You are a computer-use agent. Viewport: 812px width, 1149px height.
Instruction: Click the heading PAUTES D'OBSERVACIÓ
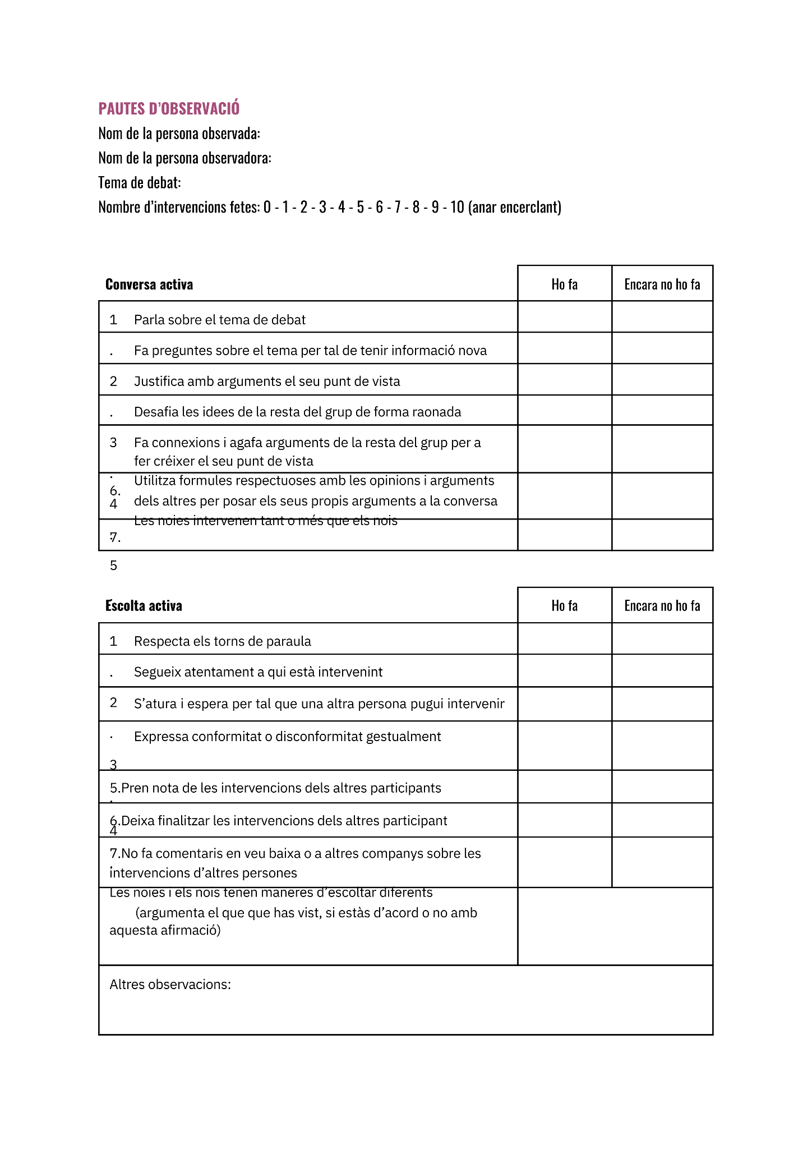(x=169, y=108)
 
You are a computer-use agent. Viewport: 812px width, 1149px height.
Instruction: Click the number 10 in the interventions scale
(x=457, y=207)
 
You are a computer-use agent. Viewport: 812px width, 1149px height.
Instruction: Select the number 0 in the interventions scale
(x=267, y=207)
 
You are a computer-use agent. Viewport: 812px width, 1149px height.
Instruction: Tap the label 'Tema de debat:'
(x=139, y=182)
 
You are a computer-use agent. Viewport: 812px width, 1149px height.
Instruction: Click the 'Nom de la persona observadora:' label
(x=184, y=158)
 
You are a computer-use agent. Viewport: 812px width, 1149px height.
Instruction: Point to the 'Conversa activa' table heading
(x=149, y=284)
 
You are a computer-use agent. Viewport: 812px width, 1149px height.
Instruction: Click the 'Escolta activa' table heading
(x=144, y=606)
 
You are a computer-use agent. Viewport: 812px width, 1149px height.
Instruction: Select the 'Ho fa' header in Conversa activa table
(x=564, y=284)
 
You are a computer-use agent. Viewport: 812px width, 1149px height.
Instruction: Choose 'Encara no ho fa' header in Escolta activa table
(x=662, y=606)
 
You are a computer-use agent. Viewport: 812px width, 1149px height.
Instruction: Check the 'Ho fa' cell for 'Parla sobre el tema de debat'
(x=564, y=317)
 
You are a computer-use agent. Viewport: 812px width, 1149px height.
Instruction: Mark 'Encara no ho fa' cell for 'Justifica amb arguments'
(x=662, y=380)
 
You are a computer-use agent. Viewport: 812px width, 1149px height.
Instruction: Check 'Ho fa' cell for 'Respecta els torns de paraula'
(x=564, y=639)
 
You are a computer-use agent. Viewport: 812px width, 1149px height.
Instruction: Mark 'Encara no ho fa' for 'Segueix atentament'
(x=662, y=671)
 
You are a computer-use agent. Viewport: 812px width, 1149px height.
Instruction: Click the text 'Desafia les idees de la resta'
(x=297, y=412)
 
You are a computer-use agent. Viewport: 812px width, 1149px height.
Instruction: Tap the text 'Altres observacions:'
(x=170, y=985)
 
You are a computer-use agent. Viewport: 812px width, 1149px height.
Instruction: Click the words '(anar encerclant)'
(x=514, y=207)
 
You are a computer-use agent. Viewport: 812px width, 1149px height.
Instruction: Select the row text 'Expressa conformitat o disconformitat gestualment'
(x=287, y=737)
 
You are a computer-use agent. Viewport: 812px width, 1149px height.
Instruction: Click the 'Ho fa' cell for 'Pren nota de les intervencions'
(x=564, y=787)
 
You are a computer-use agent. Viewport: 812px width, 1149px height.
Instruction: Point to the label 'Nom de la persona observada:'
(x=179, y=134)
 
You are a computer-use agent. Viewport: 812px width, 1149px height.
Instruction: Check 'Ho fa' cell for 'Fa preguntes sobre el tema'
(x=564, y=348)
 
